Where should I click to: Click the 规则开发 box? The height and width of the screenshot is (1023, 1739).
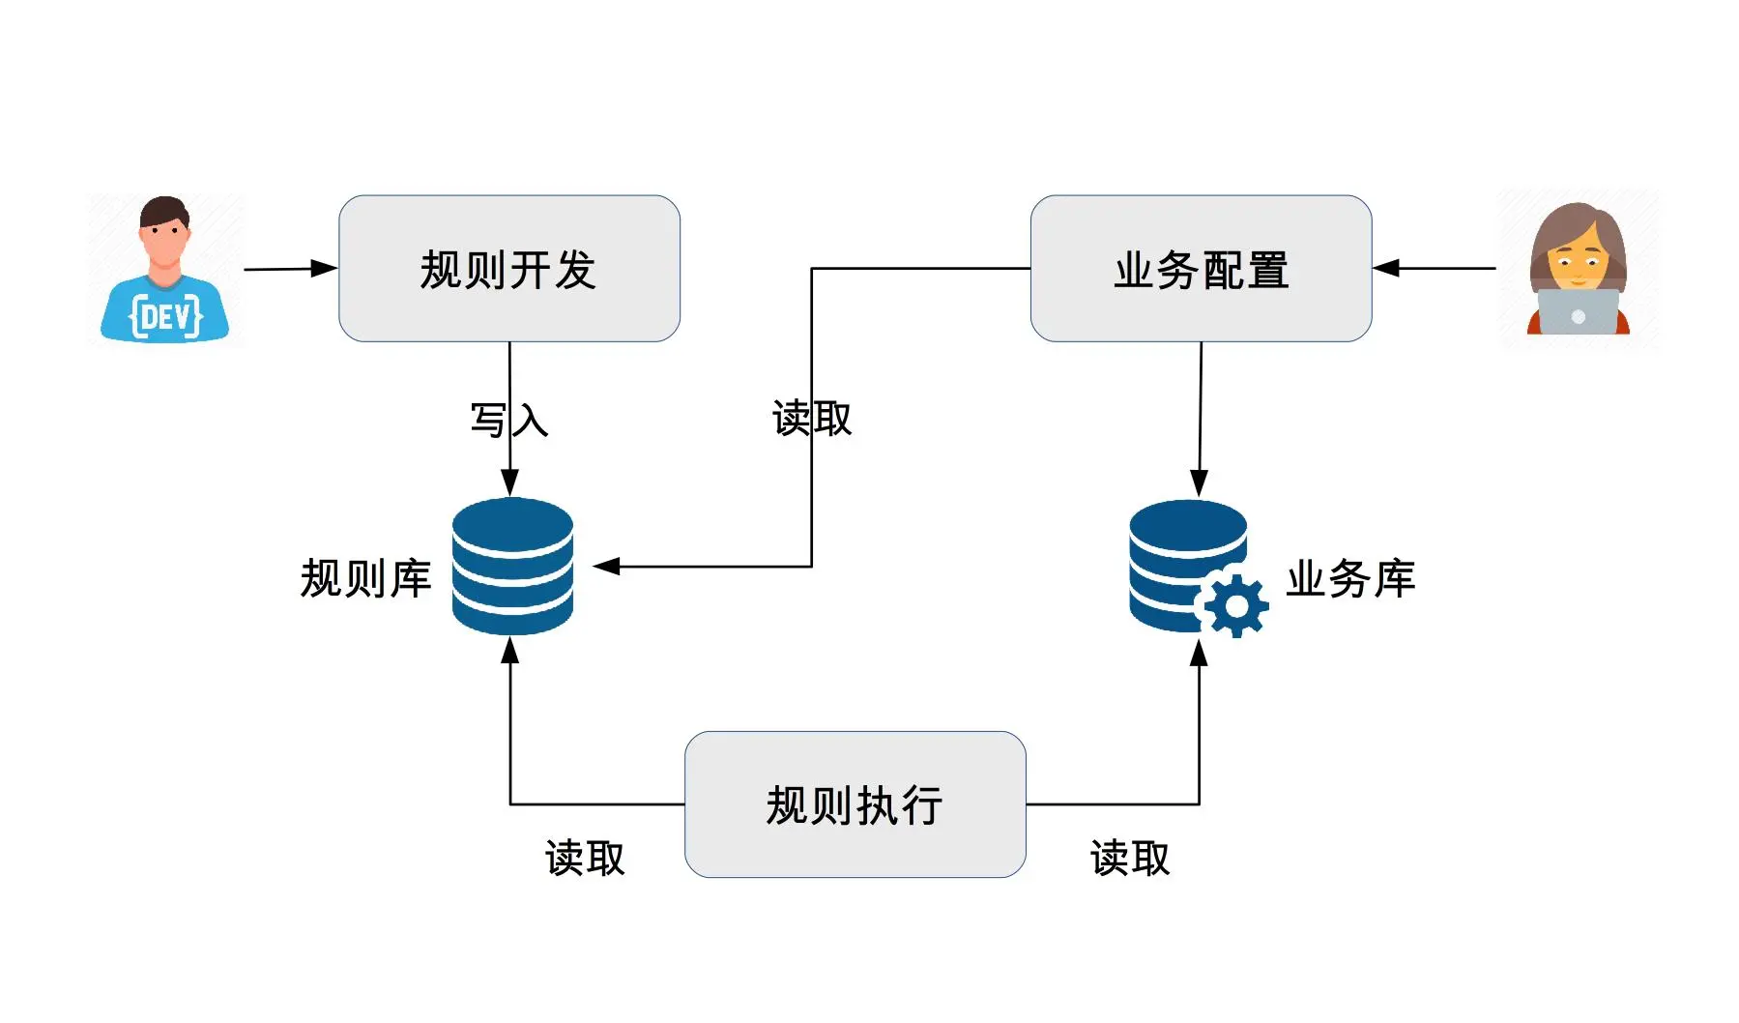[508, 269]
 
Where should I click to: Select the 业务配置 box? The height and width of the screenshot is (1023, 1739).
[1201, 269]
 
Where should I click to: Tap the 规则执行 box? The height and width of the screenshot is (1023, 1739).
[855, 804]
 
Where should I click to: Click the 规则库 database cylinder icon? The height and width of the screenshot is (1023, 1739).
[512, 567]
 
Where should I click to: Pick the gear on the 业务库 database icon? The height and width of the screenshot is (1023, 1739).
[1234, 606]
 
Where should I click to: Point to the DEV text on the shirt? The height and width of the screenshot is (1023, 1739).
[165, 316]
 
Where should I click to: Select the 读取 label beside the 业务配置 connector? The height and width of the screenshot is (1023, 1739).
[812, 419]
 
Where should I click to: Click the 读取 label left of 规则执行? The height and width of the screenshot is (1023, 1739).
[585, 858]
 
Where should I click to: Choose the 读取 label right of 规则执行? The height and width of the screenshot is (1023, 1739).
[1130, 858]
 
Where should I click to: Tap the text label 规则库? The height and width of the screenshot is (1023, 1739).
[365, 578]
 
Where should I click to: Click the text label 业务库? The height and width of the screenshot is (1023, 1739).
[1349, 578]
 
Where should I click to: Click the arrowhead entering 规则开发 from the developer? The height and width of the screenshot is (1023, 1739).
[325, 269]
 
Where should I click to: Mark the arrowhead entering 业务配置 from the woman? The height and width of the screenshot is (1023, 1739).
[1386, 268]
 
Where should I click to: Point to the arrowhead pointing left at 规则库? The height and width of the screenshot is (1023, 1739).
[606, 567]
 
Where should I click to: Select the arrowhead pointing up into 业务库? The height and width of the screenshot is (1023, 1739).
[1199, 654]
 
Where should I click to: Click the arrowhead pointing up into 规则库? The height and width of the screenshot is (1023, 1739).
[510, 651]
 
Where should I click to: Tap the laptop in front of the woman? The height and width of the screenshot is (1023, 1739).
[1578, 312]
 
